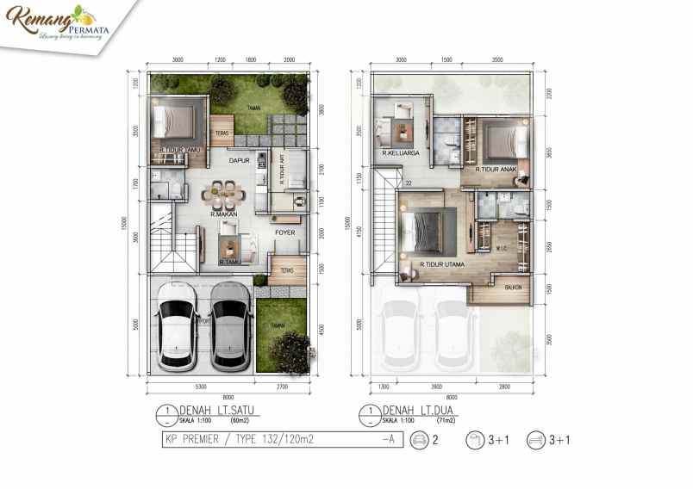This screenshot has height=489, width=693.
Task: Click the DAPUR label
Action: [239, 160]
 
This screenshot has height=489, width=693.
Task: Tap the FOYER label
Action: [285, 232]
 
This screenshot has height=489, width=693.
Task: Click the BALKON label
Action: [514, 288]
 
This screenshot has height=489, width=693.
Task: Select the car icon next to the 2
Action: [421, 441]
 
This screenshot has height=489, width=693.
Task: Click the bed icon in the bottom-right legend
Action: [534, 441]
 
